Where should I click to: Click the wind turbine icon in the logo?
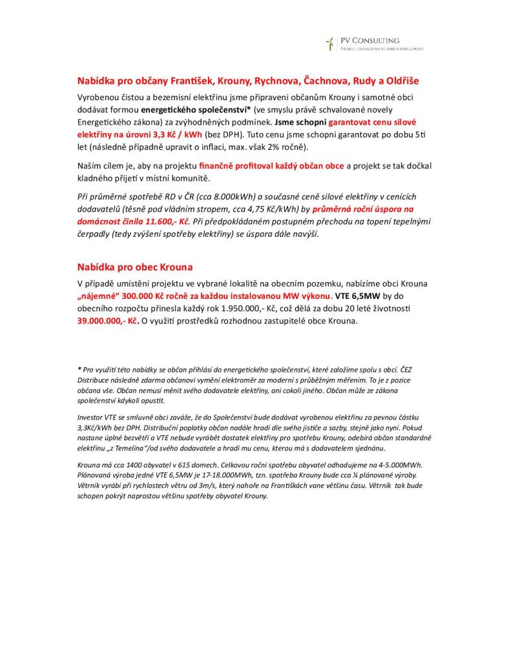pyautogui.click(x=329, y=44)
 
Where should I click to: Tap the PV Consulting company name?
pyautogui.click(x=370, y=40)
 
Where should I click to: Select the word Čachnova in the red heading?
pyautogui.click(x=326, y=81)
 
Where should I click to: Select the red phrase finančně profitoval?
pyautogui.click(x=237, y=166)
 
